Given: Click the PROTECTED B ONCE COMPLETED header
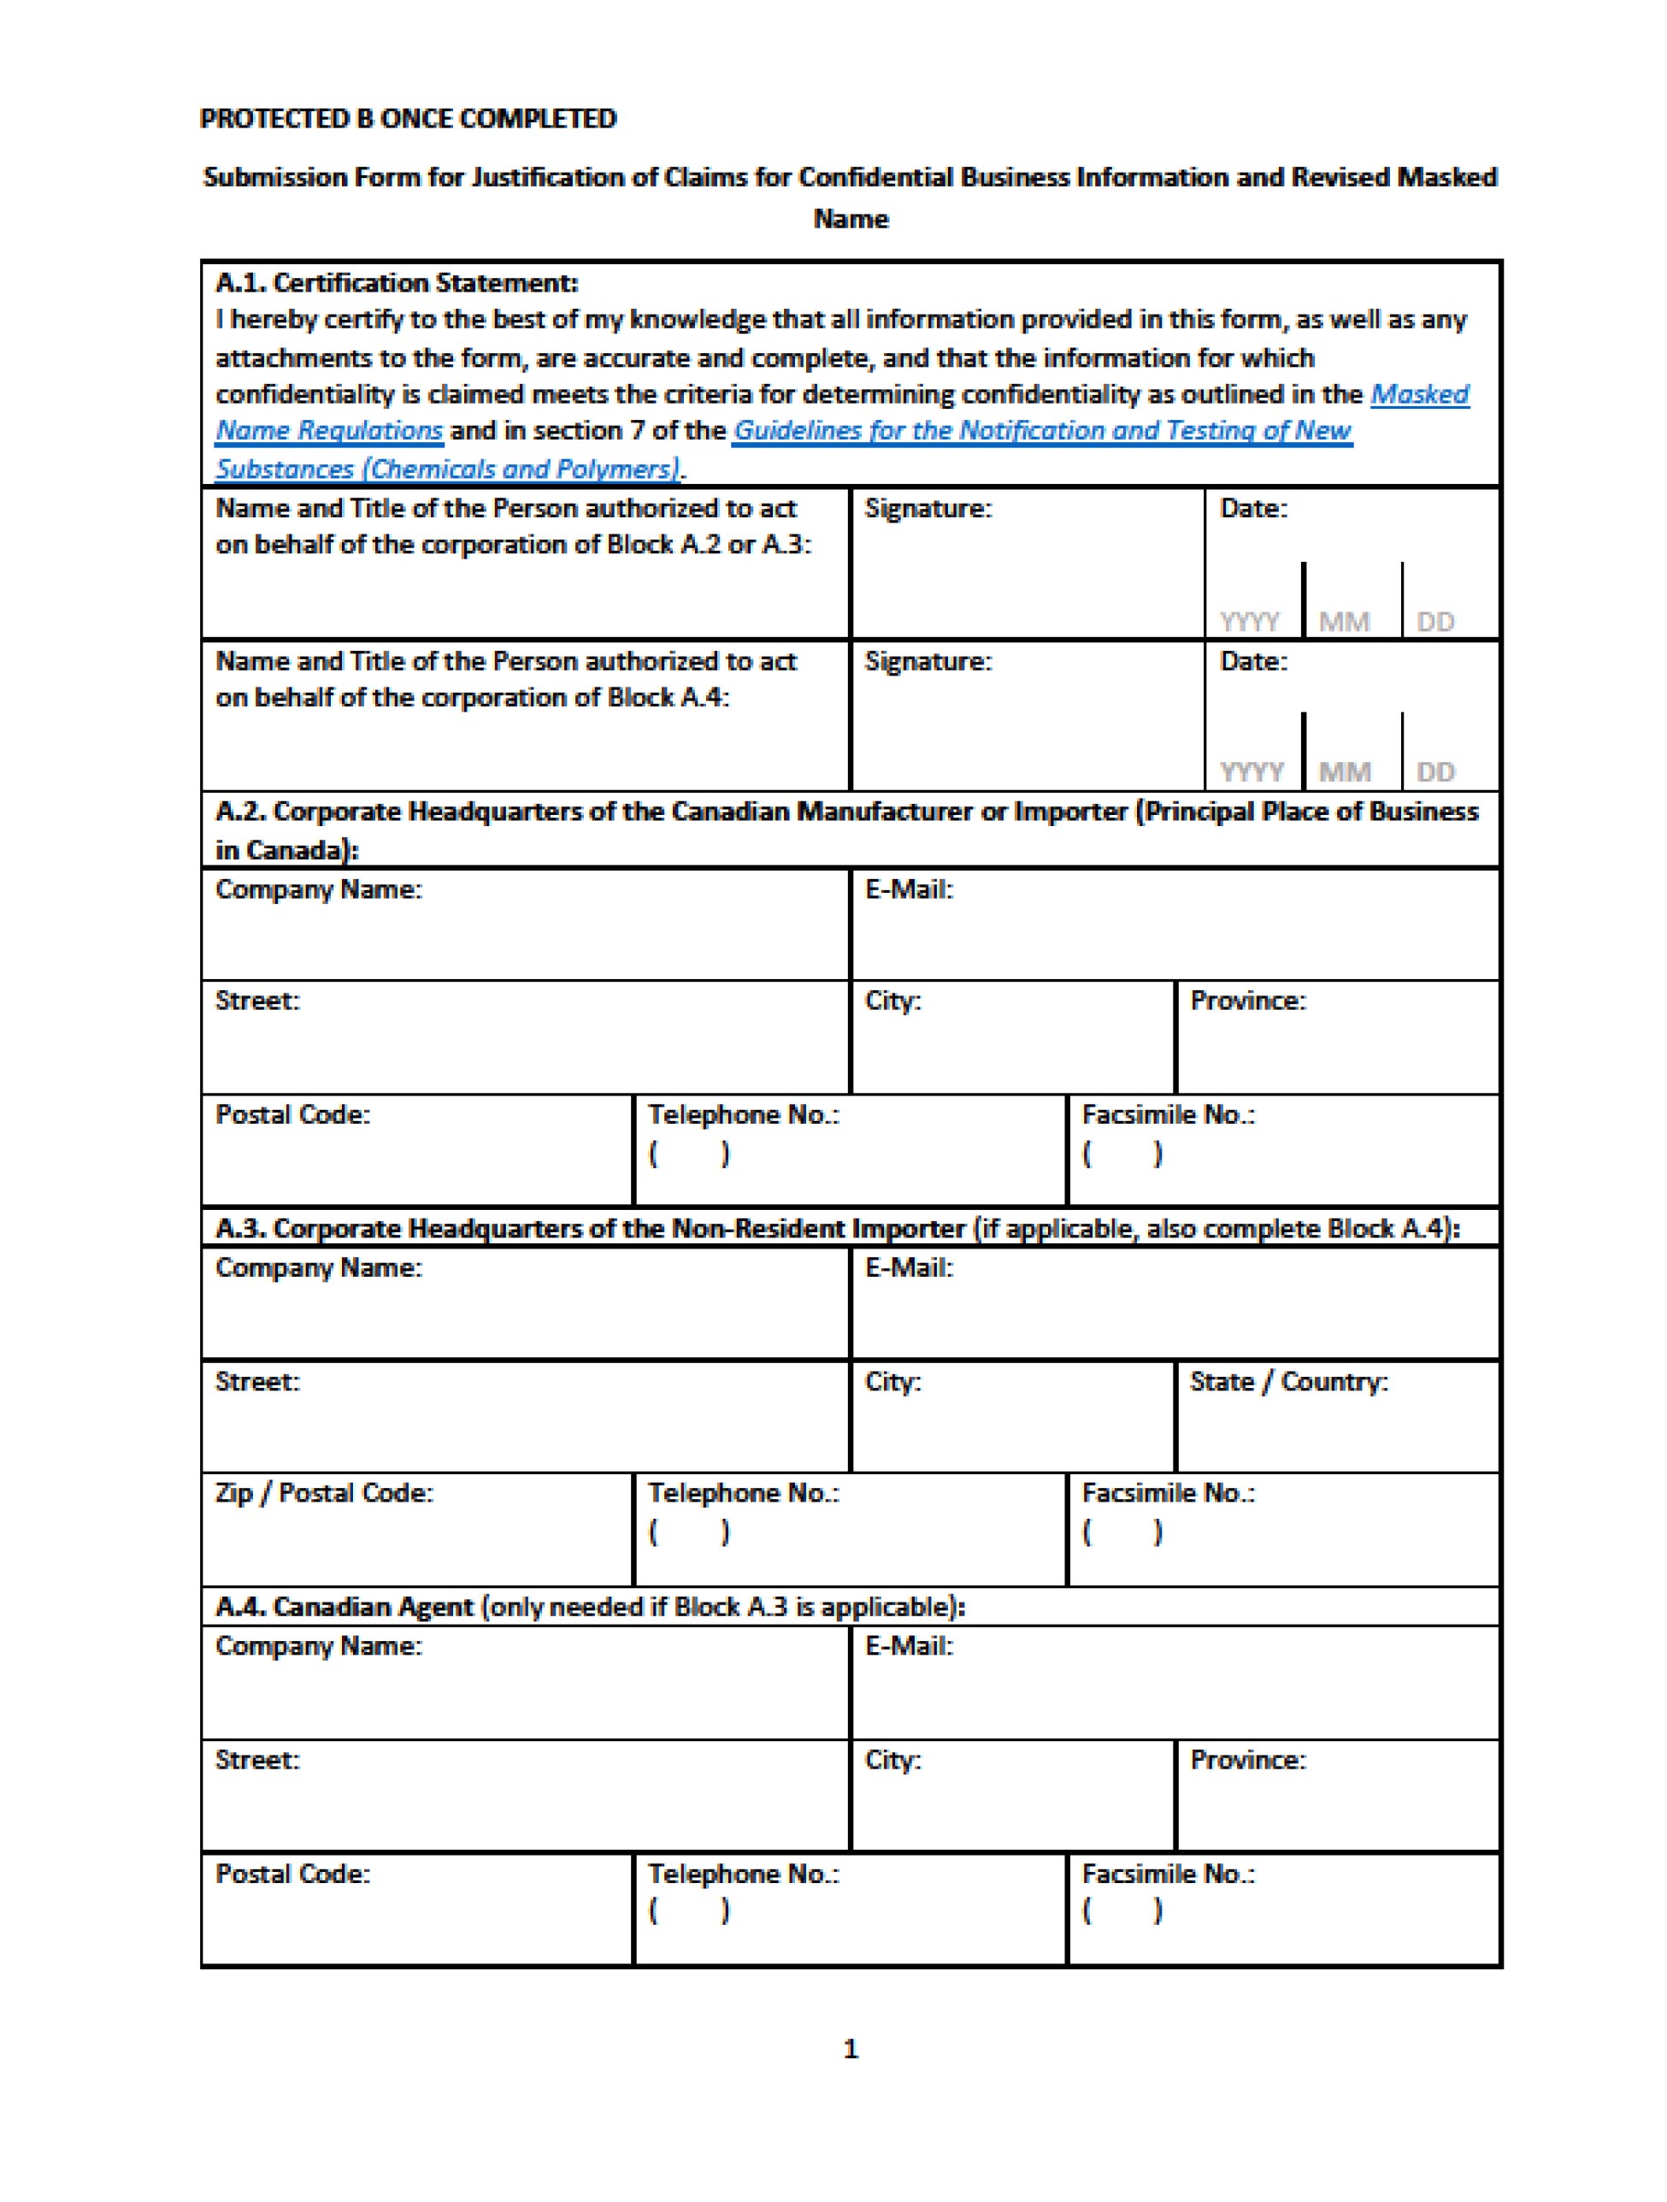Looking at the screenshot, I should pyautogui.click(x=408, y=119).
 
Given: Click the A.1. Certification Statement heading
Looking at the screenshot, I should pyautogui.click(x=396, y=283).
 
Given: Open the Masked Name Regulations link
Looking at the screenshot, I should pyautogui.click(x=329, y=431).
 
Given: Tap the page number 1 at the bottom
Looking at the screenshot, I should pyautogui.click(x=850, y=2049).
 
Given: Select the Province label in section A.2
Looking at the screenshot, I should pyautogui.click(x=1247, y=1001).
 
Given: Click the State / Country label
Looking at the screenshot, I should pyautogui.click(x=1287, y=1382).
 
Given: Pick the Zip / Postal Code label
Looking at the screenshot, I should pyautogui.click(x=325, y=1493).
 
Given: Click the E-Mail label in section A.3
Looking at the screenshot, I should pyautogui.click(x=909, y=1268).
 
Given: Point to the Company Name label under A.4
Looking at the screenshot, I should pyautogui.click(x=319, y=1646).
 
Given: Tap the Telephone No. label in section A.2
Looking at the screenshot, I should pyautogui.click(x=744, y=1115).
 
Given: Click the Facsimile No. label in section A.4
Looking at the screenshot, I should pyautogui.click(x=1168, y=1874).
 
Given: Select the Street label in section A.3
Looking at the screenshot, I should pyautogui.click(x=256, y=1382).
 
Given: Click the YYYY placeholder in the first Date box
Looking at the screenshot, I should pyautogui.click(x=1250, y=623).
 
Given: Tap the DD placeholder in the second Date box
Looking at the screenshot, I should pyautogui.click(x=1435, y=772).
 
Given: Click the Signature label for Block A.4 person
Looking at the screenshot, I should pyautogui.click(x=928, y=662).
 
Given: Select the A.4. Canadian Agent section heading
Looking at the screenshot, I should pyautogui.click(x=589, y=1607).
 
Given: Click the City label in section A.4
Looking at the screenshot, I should pyautogui.click(x=892, y=1760).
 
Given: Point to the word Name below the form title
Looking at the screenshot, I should pyautogui.click(x=850, y=219).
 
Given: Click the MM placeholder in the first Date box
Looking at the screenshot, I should pyautogui.click(x=1344, y=623).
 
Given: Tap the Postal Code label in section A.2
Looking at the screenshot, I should pyautogui.click(x=292, y=1115).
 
